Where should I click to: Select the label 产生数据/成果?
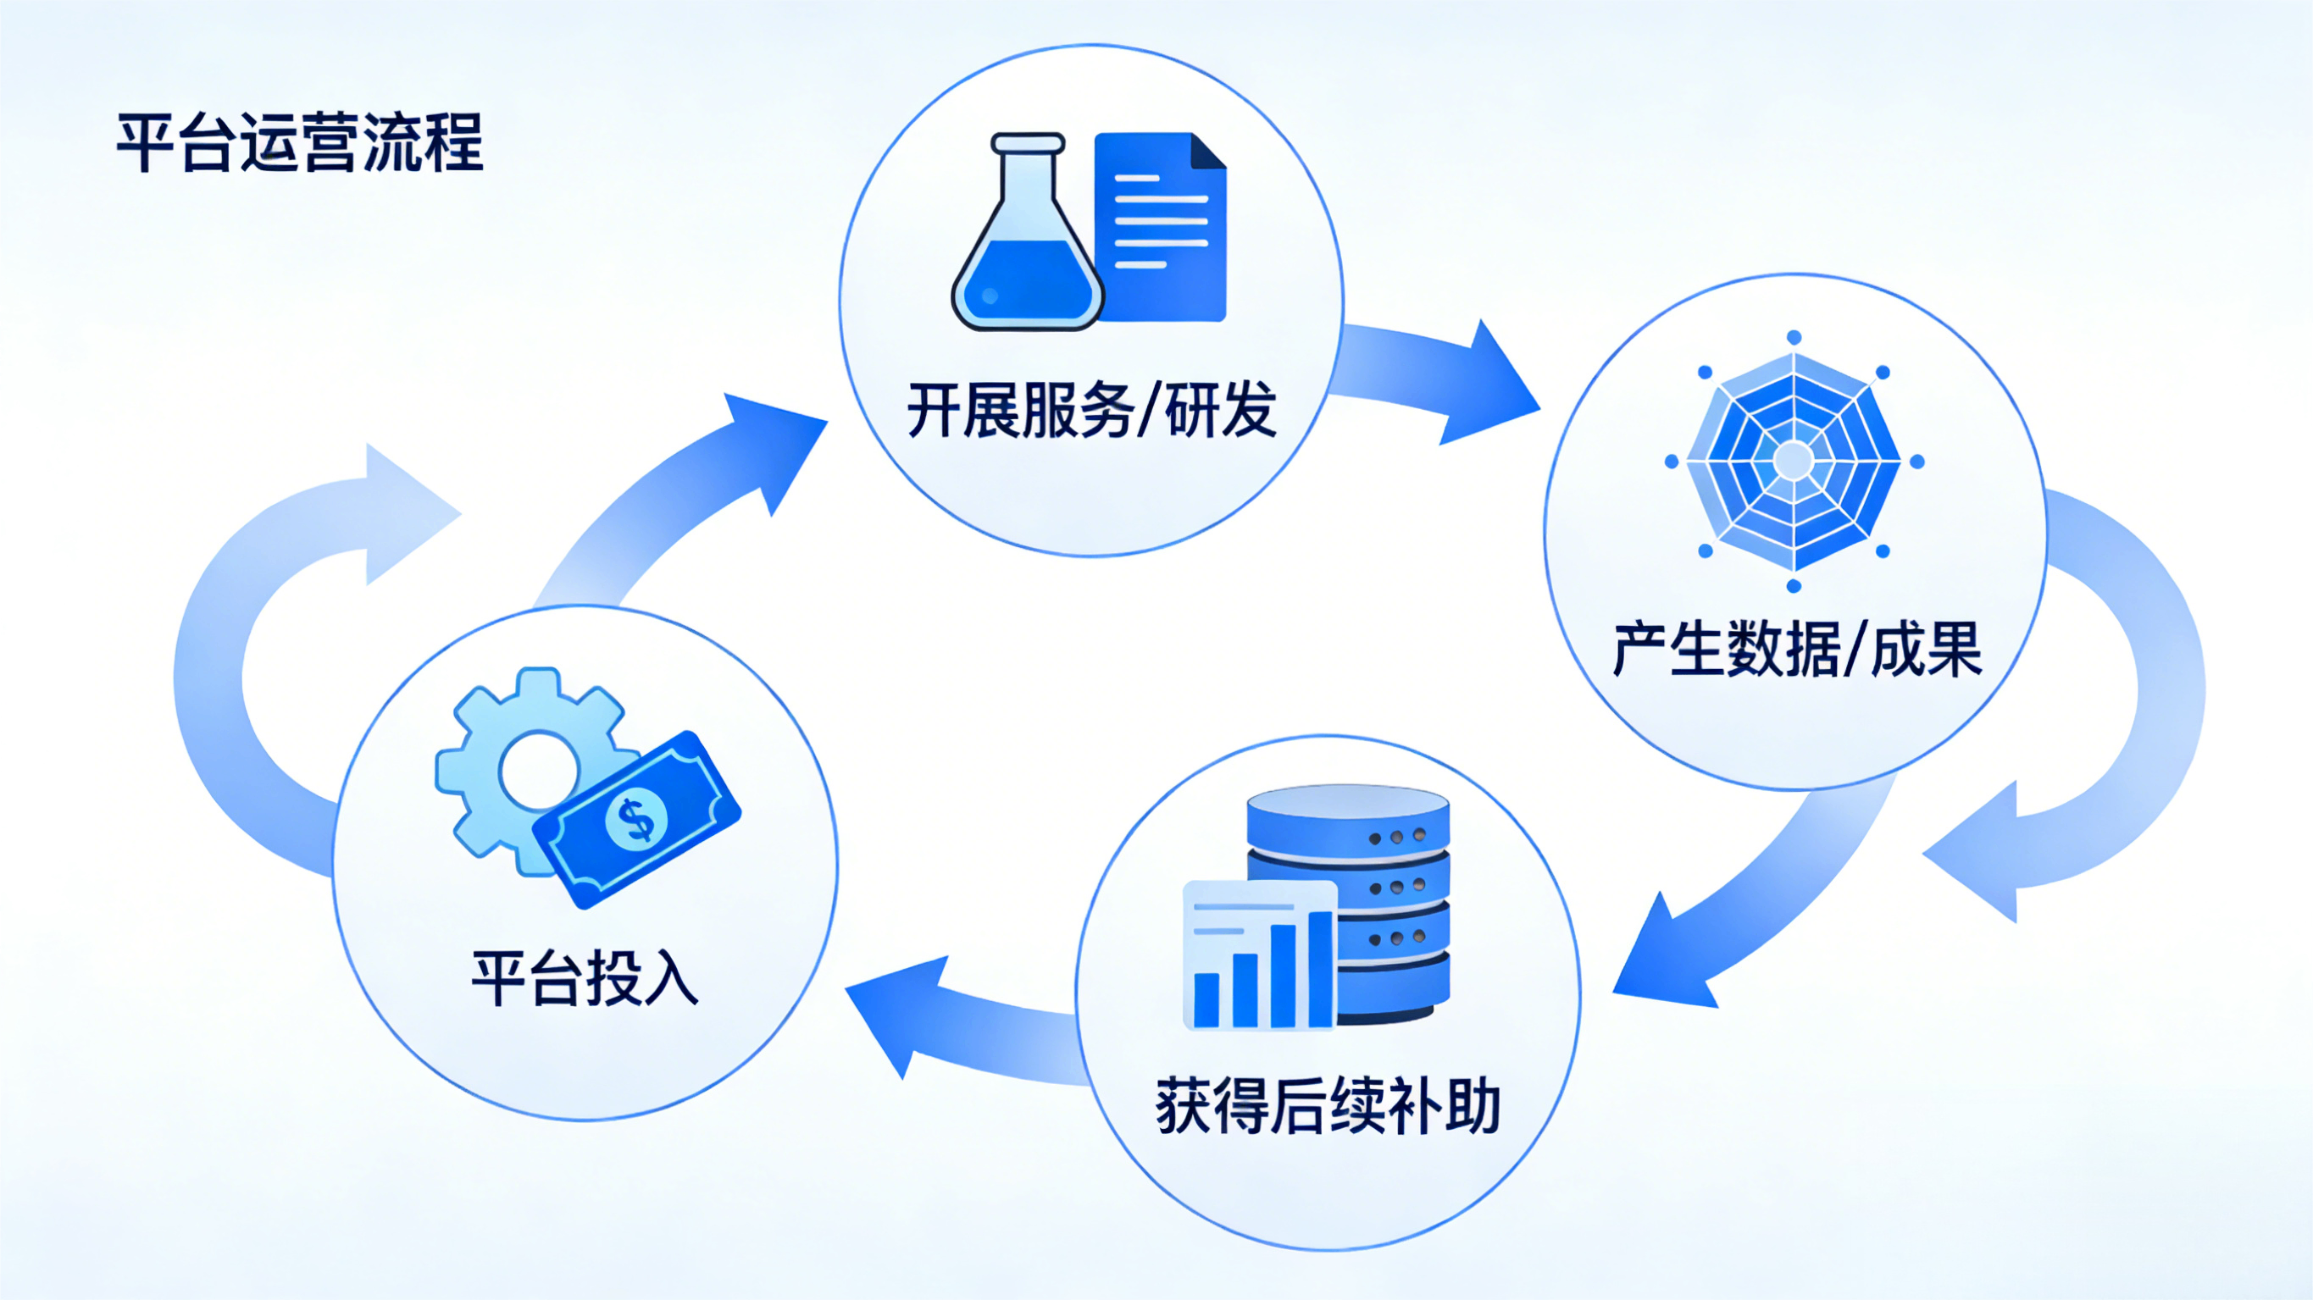pyautogui.click(x=1797, y=648)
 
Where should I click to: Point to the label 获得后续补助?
pyautogui.click(x=1328, y=1106)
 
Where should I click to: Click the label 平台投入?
pyautogui.click(x=585, y=977)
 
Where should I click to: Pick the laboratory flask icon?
pyautogui.click(x=1027, y=242)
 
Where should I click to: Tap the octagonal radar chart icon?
pyautogui.click(x=1794, y=461)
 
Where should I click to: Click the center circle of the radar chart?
pyautogui.click(x=1794, y=461)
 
